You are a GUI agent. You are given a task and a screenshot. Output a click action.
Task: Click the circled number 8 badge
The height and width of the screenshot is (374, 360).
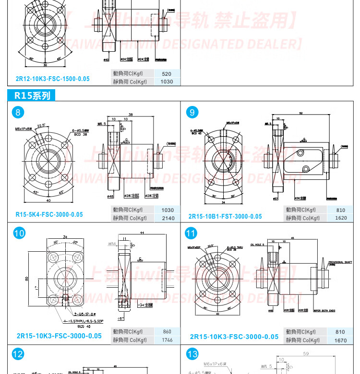18,113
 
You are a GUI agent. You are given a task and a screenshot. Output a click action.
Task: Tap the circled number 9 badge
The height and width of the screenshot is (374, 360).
192,113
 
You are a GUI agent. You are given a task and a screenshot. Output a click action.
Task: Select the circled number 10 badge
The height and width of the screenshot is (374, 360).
18,234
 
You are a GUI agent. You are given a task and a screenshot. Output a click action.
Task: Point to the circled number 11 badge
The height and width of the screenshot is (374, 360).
192,234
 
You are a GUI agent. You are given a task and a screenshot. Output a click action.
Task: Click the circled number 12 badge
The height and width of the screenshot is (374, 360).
18,355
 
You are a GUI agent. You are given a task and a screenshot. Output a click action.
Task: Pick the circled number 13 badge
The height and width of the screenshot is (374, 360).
192,355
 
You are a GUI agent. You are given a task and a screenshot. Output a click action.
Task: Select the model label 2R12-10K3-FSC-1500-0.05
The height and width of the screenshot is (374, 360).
52,78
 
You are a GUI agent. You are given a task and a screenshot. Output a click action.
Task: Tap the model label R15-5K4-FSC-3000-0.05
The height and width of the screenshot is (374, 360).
49,214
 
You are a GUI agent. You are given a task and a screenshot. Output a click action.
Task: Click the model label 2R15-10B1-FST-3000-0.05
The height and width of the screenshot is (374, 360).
225,216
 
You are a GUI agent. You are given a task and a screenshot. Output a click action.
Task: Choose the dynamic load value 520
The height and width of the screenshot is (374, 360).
167,74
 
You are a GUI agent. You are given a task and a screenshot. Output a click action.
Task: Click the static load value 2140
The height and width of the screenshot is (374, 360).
168,218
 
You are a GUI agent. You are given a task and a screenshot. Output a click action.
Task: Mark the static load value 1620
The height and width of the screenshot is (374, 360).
341,218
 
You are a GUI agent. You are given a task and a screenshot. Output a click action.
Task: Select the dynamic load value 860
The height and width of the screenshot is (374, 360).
167,331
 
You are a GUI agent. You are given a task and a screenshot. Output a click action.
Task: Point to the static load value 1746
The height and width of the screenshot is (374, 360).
167,340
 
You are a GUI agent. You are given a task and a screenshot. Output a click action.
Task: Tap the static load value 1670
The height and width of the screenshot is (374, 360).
341,340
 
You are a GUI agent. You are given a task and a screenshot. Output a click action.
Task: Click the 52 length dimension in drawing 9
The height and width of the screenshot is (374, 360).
300,113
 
